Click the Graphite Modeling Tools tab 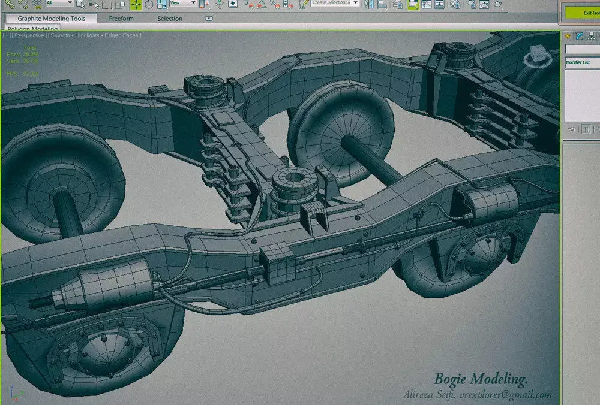(x=52, y=19)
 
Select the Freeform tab (x=121, y=19)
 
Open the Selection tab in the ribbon (x=170, y=19)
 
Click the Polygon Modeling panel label (x=33, y=29)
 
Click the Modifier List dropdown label (x=578, y=62)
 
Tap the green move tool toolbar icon (x=136, y=4)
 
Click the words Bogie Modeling (x=481, y=379)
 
